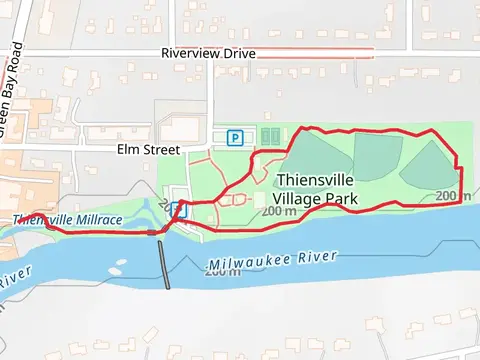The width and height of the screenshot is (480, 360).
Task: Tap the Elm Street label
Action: [147, 149]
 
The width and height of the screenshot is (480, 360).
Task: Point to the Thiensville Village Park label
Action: [315, 190]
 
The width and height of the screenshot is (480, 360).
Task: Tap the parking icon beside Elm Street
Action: [236, 138]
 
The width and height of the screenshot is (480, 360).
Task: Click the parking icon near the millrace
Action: [178, 209]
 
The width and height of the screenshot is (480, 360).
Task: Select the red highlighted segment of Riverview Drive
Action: [315, 53]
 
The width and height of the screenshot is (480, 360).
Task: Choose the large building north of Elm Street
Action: [178, 128]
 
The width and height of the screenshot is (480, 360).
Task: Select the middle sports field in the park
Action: [378, 156]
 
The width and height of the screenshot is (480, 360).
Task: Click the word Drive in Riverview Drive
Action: [237, 53]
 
